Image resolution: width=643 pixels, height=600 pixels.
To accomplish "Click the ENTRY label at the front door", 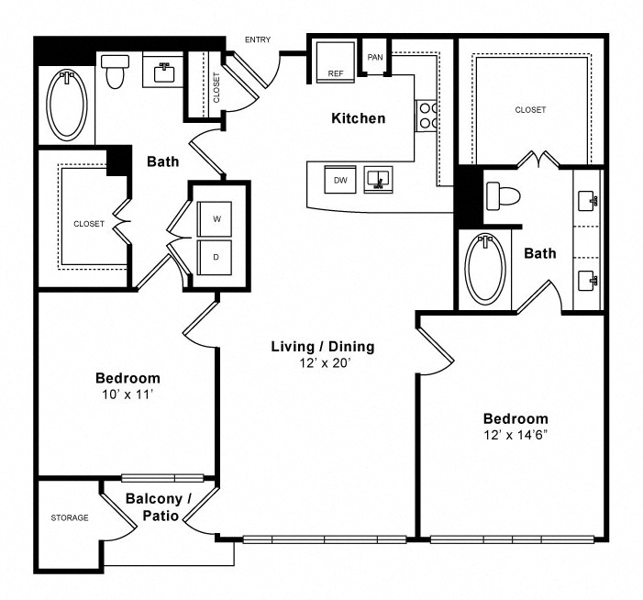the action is pyautogui.click(x=258, y=39).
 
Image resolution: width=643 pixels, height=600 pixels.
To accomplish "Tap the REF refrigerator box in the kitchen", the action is pyautogui.click(x=336, y=62).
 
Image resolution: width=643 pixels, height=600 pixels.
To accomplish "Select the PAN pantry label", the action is pyautogui.click(x=375, y=58).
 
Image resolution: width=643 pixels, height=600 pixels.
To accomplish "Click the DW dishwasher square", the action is pyautogui.click(x=340, y=179).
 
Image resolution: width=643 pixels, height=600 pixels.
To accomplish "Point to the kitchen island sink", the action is pyautogui.click(x=378, y=179).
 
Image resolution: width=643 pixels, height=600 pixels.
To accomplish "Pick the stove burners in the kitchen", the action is pyautogui.click(x=426, y=116).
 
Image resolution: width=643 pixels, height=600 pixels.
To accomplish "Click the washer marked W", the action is pyautogui.click(x=215, y=218).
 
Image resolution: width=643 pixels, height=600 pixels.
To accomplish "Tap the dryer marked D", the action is pyautogui.click(x=215, y=257).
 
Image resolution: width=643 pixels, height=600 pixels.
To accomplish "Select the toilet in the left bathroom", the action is pyautogui.click(x=115, y=71).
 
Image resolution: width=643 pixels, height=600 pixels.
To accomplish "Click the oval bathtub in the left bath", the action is pyautogui.click(x=67, y=104).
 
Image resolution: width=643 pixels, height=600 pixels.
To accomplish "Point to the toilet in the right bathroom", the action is pyautogui.click(x=504, y=195).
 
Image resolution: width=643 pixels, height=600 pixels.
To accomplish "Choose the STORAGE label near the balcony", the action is pyautogui.click(x=70, y=517).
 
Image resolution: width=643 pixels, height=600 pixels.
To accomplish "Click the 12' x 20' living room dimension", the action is pyautogui.click(x=324, y=363).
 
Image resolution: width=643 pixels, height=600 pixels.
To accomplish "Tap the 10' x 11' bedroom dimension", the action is pyautogui.click(x=127, y=394).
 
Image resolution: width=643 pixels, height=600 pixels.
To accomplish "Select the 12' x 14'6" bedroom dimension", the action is pyautogui.click(x=516, y=435).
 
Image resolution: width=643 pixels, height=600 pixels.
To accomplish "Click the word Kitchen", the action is pyautogui.click(x=359, y=118).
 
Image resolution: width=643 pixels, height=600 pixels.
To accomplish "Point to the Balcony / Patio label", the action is pyautogui.click(x=159, y=507).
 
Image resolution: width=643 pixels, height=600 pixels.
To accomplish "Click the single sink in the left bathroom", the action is pyautogui.click(x=164, y=72).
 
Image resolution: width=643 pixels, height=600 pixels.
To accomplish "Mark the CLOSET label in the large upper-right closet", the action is pyautogui.click(x=530, y=110).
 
